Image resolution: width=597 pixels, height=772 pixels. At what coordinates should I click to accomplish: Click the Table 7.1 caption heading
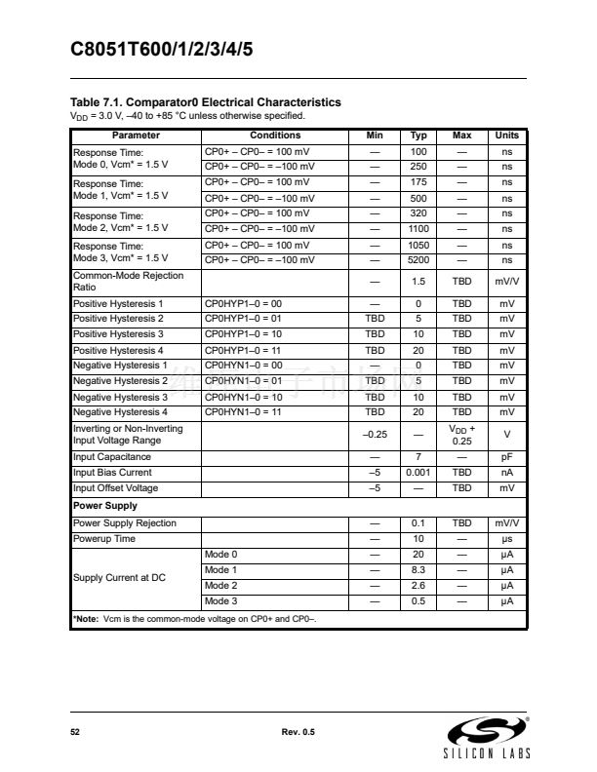click(x=206, y=102)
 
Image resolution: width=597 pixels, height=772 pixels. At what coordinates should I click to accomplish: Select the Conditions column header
click(x=276, y=135)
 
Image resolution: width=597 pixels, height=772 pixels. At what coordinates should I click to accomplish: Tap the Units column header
click(x=507, y=135)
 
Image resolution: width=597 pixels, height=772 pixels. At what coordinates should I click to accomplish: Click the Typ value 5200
click(x=419, y=260)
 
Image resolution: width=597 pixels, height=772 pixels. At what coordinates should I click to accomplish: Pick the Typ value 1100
click(x=419, y=229)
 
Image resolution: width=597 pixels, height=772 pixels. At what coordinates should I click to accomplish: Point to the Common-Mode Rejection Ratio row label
click(x=128, y=282)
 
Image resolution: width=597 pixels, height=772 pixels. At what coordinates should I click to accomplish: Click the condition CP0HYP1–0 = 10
click(x=243, y=334)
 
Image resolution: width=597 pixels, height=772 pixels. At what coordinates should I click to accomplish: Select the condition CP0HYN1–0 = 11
click(x=243, y=412)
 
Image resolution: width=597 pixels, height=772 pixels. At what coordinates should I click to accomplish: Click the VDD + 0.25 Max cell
click(x=462, y=435)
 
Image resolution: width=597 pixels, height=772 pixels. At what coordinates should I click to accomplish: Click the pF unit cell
click(x=507, y=457)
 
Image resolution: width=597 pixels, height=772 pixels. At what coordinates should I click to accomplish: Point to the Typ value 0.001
click(x=419, y=473)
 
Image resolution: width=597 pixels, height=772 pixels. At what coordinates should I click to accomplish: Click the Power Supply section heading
click(x=105, y=506)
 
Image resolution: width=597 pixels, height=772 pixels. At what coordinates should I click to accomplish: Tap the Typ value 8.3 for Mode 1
click(x=419, y=570)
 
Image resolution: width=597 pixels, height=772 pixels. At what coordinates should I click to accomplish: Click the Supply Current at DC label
click(x=120, y=578)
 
